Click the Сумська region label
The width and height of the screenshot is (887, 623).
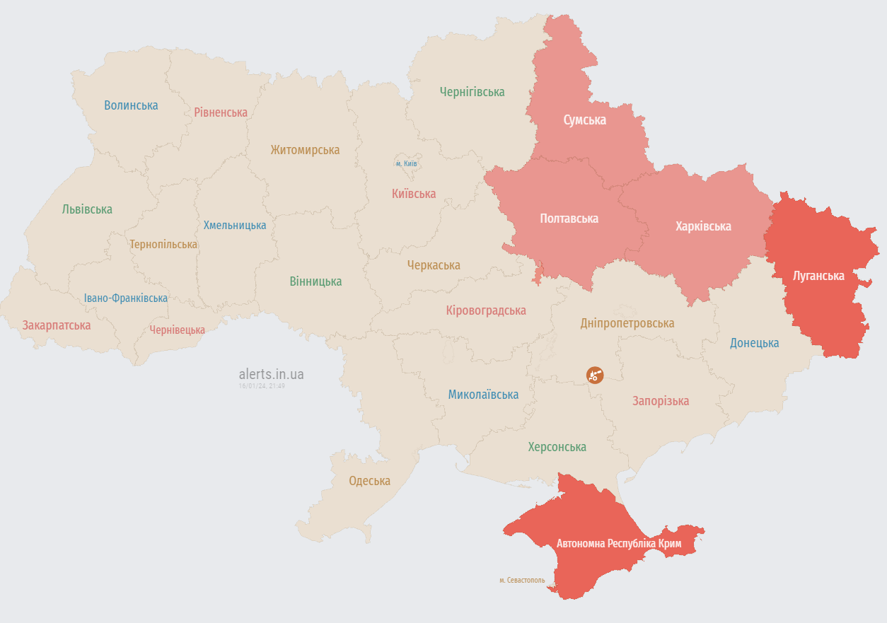[x=584, y=120]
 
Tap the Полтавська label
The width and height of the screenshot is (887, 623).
[x=569, y=219]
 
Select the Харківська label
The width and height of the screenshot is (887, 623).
[x=702, y=226]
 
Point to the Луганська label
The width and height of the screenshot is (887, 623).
[x=818, y=276]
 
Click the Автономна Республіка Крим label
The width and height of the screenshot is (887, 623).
[x=618, y=544]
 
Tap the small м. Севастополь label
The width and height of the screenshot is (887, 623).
[x=522, y=580]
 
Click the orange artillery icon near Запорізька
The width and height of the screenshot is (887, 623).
[x=595, y=375]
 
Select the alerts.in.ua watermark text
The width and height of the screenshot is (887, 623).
[x=271, y=374]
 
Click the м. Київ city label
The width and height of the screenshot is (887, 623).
[x=406, y=164]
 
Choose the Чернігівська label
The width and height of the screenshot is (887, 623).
[x=472, y=92]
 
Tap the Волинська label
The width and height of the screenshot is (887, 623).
[x=131, y=105]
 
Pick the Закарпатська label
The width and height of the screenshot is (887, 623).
[x=57, y=325]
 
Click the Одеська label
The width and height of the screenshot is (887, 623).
[x=369, y=481]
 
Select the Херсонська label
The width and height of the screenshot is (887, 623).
[x=557, y=447]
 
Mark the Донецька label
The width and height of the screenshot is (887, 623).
[x=754, y=343]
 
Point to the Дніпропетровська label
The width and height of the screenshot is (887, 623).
[x=627, y=323]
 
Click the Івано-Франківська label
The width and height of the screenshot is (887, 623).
[x=125, y=298]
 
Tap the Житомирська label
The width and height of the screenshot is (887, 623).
[x=304, y=150]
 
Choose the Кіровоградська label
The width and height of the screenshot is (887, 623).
[x=486, y=310]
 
